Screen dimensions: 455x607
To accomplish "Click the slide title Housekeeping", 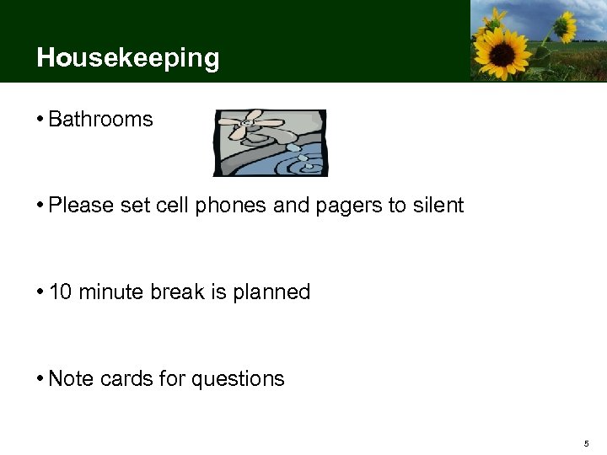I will pyautogui.click(x=128, y=58).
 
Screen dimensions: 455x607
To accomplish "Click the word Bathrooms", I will pyautogui.click(x=100, y=120).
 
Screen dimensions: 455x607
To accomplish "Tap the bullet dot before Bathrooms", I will pyautogui.click(x=40, y=120).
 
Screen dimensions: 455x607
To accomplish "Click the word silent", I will pyautogui.click(x=438, y=206).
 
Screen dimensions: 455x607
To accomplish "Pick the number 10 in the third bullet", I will pyautogui.click(x=61, y=292).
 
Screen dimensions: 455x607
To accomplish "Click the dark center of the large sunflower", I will pyautogui.click(x=502, y=52).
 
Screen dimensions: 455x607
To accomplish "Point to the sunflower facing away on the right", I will pyautogui.click(x=563, y=27).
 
